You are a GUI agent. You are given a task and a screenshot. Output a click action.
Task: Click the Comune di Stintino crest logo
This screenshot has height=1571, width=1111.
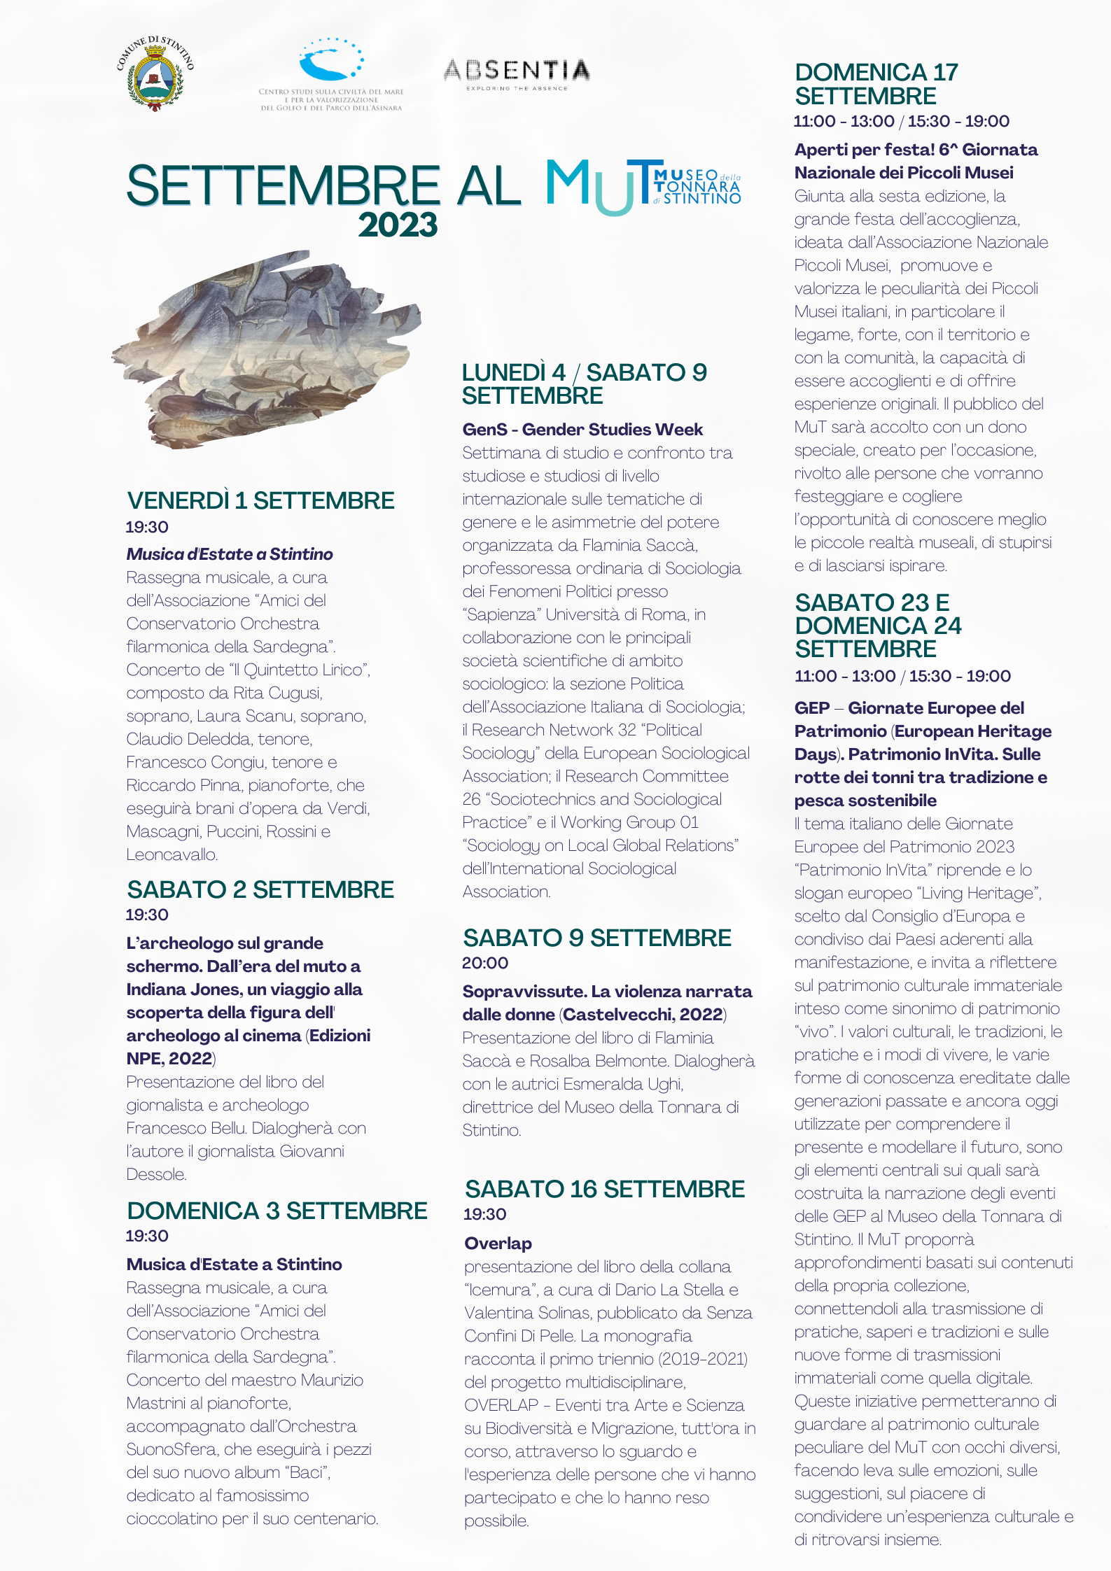pos(155,74)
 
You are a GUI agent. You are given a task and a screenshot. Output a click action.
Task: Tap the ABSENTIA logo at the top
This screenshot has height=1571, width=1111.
pos(517,73)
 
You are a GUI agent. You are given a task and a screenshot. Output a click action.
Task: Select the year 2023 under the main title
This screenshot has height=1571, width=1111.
pos(398,225)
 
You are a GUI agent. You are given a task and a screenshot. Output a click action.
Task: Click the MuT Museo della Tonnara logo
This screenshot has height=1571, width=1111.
pos(643,186)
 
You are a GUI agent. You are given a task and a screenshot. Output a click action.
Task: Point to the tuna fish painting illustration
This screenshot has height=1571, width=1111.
pos(266,348)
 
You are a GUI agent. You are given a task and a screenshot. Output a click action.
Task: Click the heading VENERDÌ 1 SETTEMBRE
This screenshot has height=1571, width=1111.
pos(260,501)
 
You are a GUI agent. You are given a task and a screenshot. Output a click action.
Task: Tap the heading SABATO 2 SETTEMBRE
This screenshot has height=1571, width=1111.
pos(260,890)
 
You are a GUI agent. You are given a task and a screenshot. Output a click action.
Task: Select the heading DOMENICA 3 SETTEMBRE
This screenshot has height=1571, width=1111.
pos(277,1211)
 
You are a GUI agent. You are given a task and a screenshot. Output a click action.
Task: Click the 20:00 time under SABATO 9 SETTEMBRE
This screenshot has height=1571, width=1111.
pos(485,964)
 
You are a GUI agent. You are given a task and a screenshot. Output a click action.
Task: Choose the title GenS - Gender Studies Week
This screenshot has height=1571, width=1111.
pos(582,430)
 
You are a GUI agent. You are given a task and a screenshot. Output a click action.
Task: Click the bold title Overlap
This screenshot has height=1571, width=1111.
pos(498,1244)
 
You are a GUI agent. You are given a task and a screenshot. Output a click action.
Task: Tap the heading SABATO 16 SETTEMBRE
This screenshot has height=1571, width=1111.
pos(605,1190)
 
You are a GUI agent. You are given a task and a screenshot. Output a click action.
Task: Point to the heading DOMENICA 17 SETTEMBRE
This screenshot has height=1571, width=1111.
pos(876,84)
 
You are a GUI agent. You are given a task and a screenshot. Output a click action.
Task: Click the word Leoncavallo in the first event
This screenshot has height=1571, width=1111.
pos(172,854)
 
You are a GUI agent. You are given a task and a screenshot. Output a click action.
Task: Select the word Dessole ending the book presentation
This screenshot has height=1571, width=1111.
pos(156,1174)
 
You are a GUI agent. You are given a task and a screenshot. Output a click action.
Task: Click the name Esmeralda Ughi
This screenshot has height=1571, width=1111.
pos(622,1084)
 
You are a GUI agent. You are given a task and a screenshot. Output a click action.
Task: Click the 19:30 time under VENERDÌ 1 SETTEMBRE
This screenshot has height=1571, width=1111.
pos(147,527)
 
